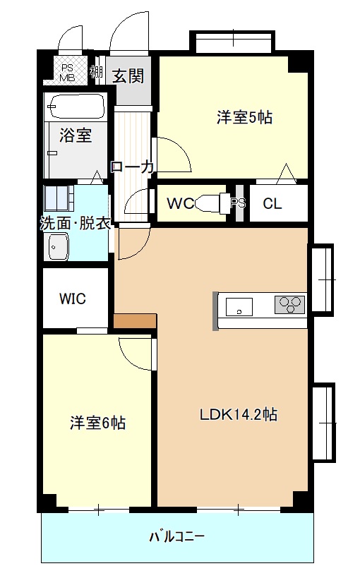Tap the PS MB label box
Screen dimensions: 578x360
point(68,72)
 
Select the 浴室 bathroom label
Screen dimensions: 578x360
point(75,135)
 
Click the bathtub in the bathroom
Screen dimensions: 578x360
point(76,107)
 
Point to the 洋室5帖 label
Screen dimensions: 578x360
point(244,118)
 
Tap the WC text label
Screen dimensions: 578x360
point(180,204)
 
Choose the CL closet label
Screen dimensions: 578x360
point(272,204)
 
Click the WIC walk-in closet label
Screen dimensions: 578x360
point(73,299)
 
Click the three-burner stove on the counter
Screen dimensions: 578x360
point(289,304)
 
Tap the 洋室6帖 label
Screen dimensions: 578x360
point(97,423)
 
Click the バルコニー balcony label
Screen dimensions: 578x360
point(176,537)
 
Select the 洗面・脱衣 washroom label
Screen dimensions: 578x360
point(74,223)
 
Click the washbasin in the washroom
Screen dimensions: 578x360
point(56,246)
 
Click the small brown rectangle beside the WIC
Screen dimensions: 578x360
point(134,320)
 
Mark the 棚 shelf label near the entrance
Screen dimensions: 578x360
point(97,72)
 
